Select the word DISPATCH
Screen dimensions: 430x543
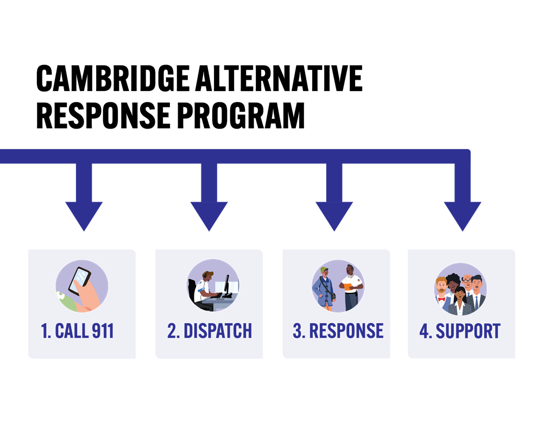pos(217,331)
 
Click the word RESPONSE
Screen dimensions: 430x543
pos(346,331)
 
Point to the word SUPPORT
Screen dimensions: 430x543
pos(468,331)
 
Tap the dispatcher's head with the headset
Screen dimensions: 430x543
pos(208,275)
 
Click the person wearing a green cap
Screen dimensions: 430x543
pos(325,287)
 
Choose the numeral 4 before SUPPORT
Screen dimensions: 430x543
pos(425,331)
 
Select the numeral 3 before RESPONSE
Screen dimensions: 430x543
pos(298,331)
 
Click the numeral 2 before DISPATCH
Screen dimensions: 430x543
pos(172,331)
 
